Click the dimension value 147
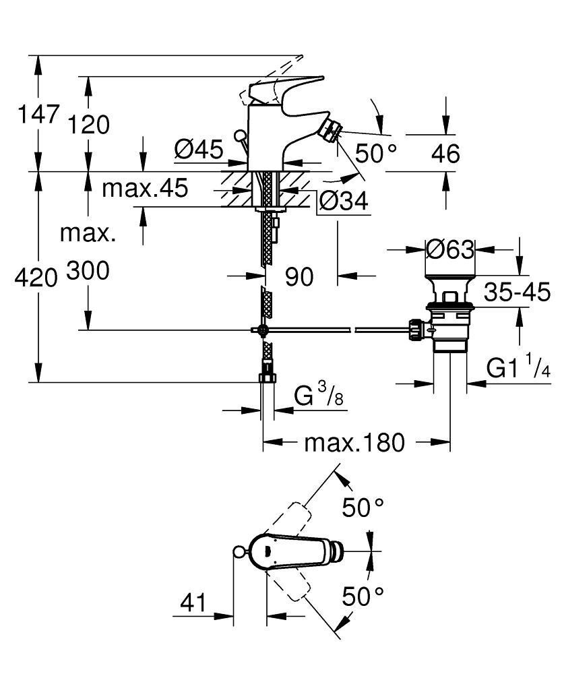pos(38,113)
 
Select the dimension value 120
pos(88,125)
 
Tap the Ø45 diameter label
pos(198,149)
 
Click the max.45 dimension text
pos(145,189)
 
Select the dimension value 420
pos(36,276)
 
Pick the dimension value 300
pos(88,271)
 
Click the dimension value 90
pos(299,276)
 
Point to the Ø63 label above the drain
pos(451,249)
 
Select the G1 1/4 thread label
pos(519,369)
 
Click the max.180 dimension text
pos(354,443)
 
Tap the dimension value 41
pos(193,601)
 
